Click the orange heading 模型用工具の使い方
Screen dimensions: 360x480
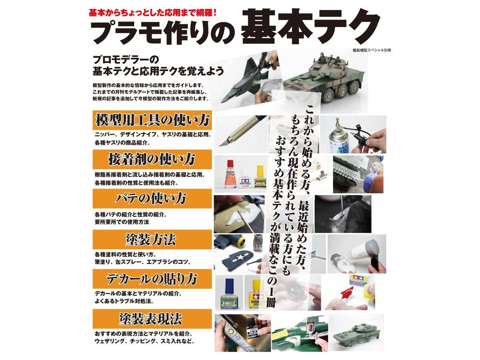click(152, 120)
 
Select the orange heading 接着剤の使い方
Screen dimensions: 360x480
click(152, 159)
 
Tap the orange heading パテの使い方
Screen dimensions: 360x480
click(152, 198)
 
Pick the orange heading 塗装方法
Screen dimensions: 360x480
click(152, 240)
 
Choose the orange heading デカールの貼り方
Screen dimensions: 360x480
click(152, 279)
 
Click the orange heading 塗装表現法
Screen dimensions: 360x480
click(152, 319)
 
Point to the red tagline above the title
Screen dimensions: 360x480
click(152, 12)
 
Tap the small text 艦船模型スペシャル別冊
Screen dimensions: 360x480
click(369, 51)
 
